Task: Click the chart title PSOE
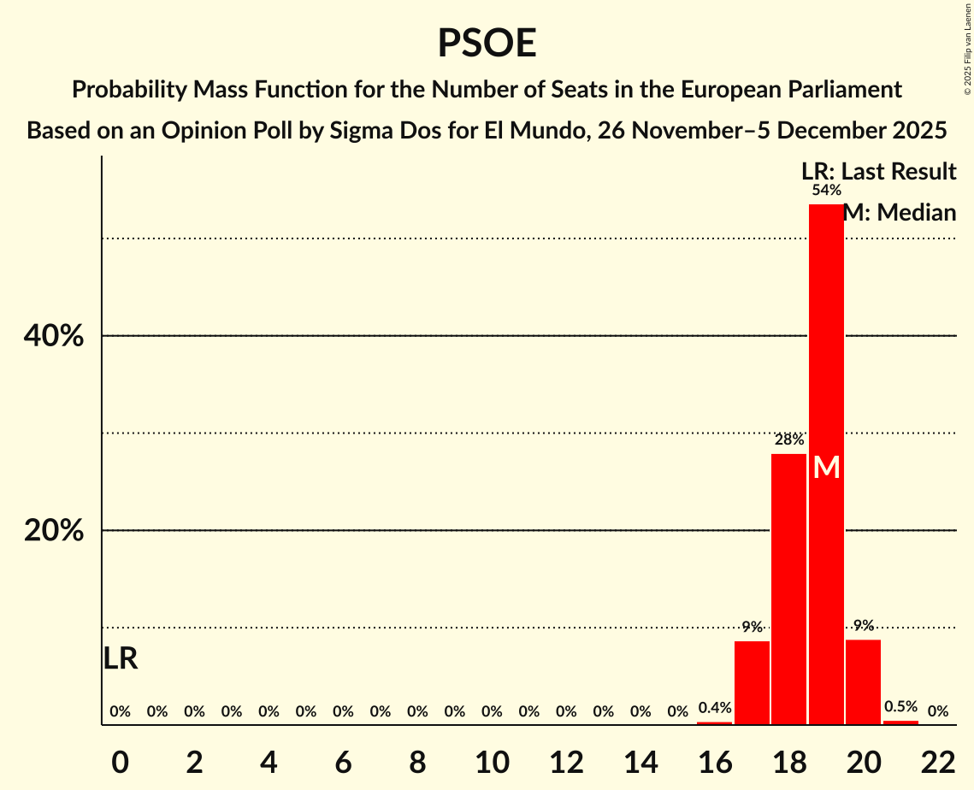pos(487,43)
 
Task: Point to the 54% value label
pos(826,190)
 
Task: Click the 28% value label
pos(788,439)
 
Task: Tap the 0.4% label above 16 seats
pos(715,708)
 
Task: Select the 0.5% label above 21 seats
pos(900,707)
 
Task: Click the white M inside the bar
pos(826,467)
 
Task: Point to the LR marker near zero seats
pos(121,658)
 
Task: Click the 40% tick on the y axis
pos(54,337)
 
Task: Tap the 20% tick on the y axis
pos(54,531)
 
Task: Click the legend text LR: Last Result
pos(879,171)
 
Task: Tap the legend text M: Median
pos(899,212)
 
